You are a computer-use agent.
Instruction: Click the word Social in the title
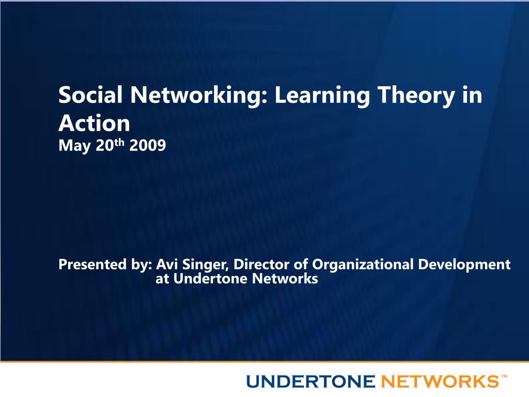(x=90, y=95)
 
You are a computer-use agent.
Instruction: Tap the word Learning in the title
(x=322, y=96)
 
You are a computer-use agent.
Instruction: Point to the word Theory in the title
(x=416, y=96)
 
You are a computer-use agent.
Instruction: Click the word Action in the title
(x=94, y=123)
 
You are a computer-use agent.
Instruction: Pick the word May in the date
(x=74, y=146)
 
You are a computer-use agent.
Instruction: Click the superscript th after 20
(x=119, y=143)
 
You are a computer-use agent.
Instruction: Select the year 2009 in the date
(x=147, y=145)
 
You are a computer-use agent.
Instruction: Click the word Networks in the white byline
(x=285, y=279)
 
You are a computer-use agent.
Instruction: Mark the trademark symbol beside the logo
(x=504, y=376)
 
